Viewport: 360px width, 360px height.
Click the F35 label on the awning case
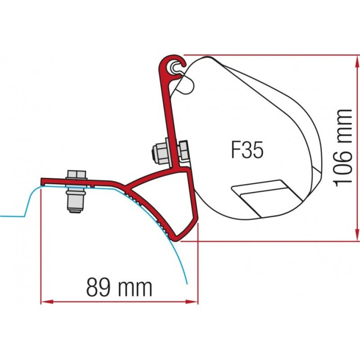248,150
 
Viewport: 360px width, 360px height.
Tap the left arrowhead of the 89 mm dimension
45,301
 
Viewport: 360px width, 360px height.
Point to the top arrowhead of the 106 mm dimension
355,58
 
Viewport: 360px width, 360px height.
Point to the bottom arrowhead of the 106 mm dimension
355,236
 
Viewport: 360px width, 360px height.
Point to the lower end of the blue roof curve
186,283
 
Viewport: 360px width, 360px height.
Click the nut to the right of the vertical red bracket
184,153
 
